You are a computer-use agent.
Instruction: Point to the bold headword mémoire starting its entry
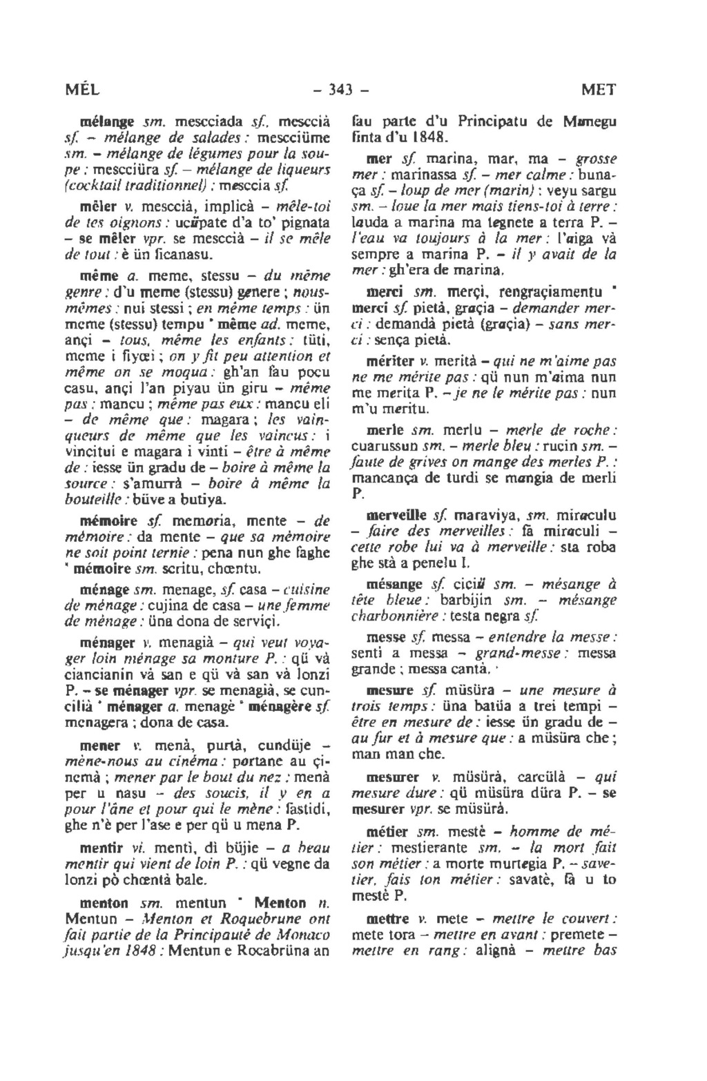click(x=103, y=520)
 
